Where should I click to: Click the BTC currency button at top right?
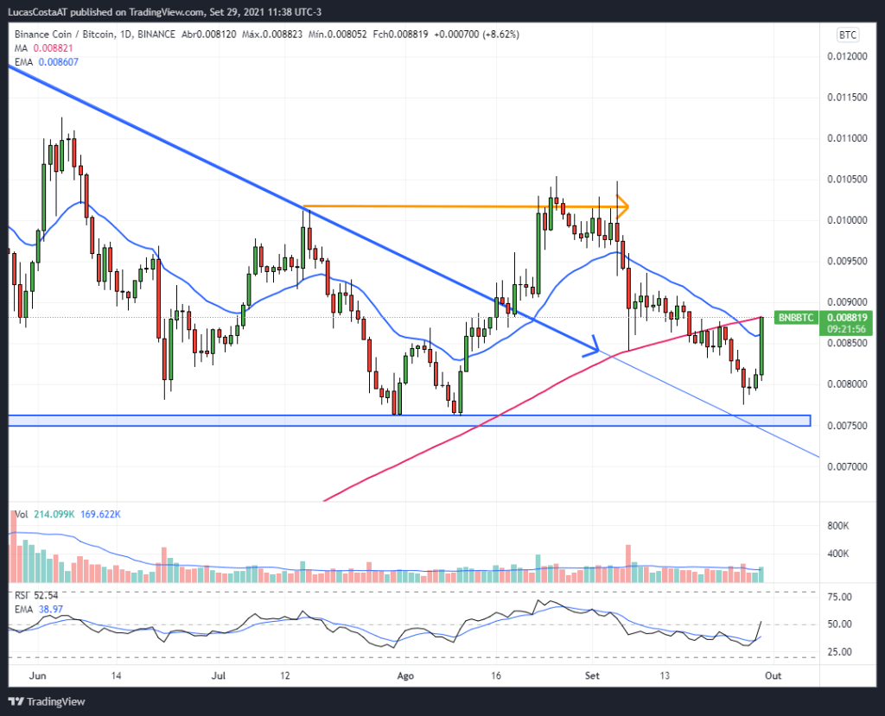click(847, 35)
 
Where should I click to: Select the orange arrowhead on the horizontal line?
click(623, 206)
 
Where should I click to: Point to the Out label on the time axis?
click(774, 676)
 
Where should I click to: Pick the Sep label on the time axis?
click(592, 676)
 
